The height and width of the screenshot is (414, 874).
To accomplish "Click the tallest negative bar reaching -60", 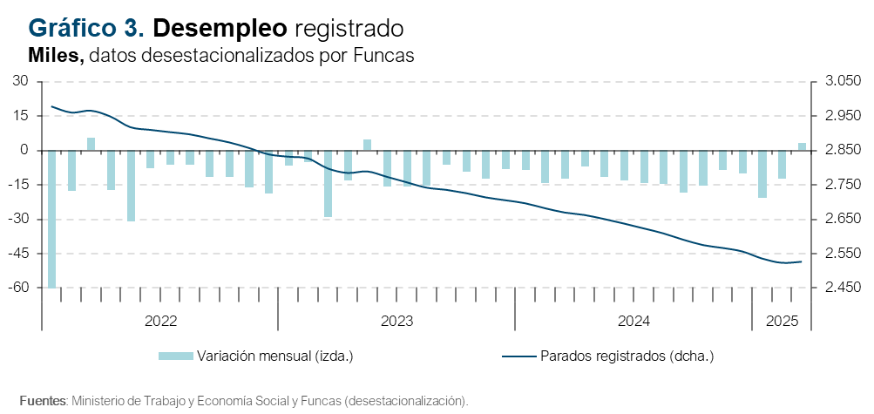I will coord(52,218).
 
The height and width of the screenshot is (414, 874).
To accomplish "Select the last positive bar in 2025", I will coord(802,146).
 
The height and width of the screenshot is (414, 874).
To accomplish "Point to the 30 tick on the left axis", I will coord(20,81).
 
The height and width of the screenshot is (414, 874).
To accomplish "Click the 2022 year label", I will coord(160,321).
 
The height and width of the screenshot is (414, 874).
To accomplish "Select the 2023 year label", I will coord(396,321).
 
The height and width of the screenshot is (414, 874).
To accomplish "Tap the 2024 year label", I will coord(633,321).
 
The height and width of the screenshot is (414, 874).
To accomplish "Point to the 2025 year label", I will coord(783,321).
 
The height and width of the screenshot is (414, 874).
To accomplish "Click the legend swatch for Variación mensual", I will coord(175,356).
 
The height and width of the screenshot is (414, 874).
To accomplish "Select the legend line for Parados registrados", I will coord(519,356).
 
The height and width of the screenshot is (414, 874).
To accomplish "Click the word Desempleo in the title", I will coord(220,28).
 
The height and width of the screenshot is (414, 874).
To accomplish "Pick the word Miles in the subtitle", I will coord(56,55).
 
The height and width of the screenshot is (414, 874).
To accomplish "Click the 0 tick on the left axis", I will coord(24,150).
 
